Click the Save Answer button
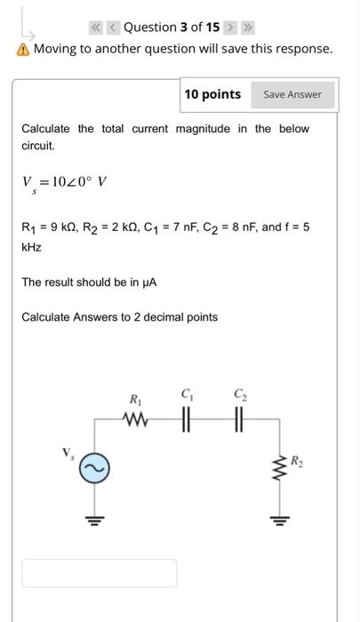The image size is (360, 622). (x=292, y=94)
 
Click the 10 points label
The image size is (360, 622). (x=212, y=94)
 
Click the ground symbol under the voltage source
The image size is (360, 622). (x=97, y=521)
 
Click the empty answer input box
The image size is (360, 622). (x=99, y=573)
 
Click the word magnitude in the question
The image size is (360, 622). (x=203, y=129)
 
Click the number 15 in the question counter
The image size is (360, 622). (x=212, y=27)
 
